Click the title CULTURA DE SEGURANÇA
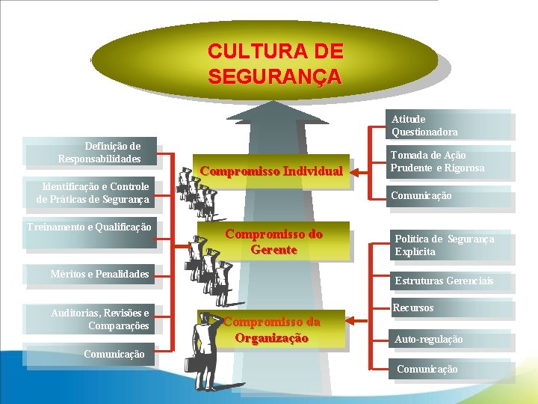[275, 64]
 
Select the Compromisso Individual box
[271, 171]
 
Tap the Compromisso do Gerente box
[273, 242]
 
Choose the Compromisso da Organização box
[272, 330]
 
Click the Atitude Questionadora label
[424, 126]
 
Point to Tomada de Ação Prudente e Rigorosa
[437, 162]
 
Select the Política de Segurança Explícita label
[445, 245]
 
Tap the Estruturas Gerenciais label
[444, 281]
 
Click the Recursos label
[413, 308]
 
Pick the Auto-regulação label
[429, 340]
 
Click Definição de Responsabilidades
[99, 153]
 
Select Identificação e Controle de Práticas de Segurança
[93, 193]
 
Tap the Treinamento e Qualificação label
[89, 227]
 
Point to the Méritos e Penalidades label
[99, 275]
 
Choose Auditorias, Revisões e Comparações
[99, 319]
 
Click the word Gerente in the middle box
[273, 250]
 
